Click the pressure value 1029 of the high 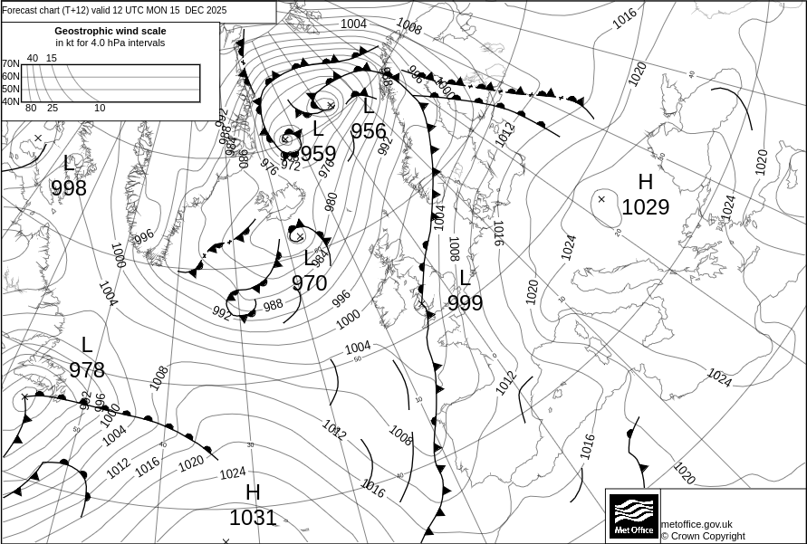(645, 207)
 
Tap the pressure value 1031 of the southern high (253, 518)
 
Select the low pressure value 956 (369, 131)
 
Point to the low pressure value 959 (318, 154)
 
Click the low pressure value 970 (309, 283)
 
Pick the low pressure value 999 (465, 303)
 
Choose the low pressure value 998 (69, 188)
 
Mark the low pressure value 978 (87, 370)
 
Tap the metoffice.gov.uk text (697, 524)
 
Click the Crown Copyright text (703, 536)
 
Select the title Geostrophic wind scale (110, 31)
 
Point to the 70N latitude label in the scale (10, 64)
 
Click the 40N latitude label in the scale (10, 101)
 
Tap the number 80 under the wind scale (31, 109)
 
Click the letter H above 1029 (645, 183)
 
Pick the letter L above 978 (87, 345)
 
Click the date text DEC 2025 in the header (206, 11)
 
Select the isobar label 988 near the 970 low (273, 305)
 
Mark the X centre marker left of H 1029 (601, 199)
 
